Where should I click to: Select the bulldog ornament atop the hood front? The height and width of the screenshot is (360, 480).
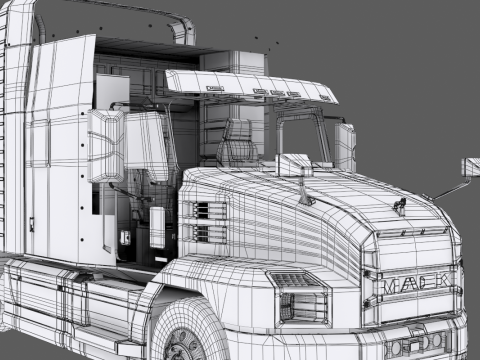400,207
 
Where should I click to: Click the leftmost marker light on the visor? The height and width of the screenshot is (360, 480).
213,89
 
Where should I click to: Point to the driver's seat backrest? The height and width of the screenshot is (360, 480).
237,145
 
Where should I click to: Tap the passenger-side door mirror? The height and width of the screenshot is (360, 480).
345,147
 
